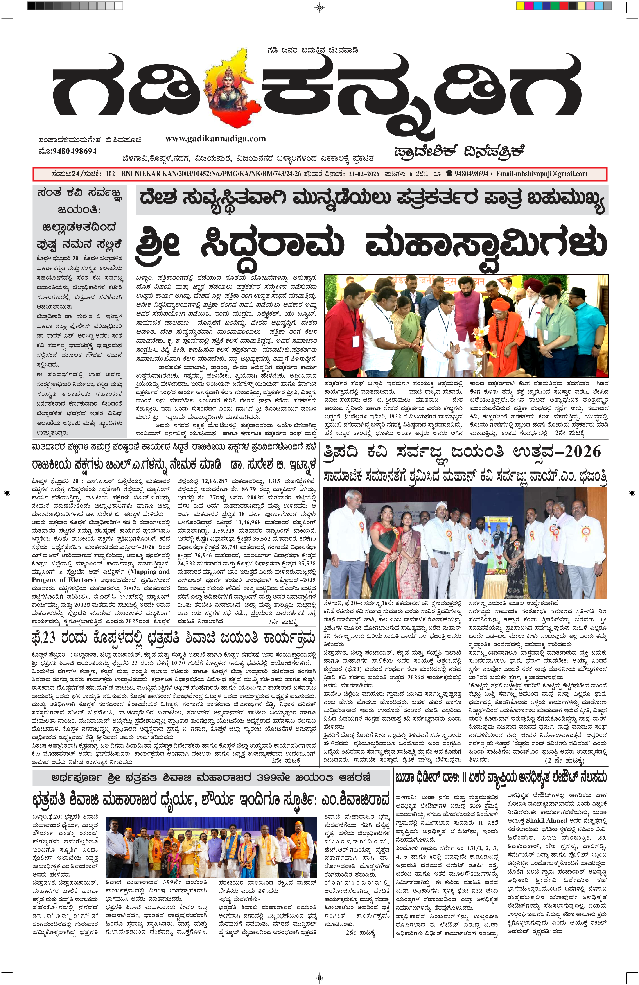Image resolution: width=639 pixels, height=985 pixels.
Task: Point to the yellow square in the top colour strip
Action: tap(520, 6)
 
